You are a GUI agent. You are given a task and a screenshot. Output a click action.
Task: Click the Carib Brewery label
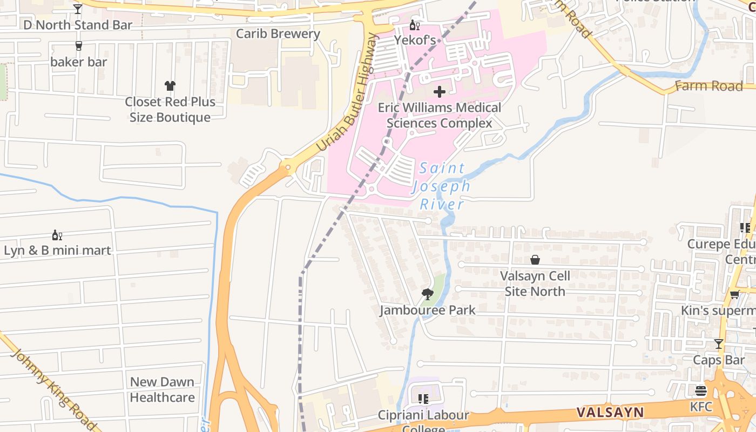click(278, 33)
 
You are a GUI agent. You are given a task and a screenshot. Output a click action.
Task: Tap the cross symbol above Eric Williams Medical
click(440, 92)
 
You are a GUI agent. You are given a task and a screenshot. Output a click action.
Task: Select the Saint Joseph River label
click(442, 186)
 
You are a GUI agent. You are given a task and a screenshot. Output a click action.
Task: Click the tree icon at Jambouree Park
click(428, 294)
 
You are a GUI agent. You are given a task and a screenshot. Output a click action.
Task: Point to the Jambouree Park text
click(428, 310)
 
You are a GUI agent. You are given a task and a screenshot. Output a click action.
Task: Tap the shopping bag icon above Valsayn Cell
click(535, 260)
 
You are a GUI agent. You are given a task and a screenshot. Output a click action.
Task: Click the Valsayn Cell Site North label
click(535, 283)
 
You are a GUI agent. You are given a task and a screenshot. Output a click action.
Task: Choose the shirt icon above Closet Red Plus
click(170, 86)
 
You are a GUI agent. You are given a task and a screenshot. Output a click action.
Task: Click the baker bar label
click(79, 62)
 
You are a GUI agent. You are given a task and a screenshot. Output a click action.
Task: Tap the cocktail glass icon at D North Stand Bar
click(78, 9)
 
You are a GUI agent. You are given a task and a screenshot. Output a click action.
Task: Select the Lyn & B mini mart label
click(57, 251)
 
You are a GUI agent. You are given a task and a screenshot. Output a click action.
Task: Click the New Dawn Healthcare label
click(162, 389)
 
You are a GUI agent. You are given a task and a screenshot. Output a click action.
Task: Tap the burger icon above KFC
click(701, 390)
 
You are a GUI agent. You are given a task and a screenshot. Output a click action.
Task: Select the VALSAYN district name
click(610, 413)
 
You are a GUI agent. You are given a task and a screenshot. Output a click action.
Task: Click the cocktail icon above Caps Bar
click(719, 344)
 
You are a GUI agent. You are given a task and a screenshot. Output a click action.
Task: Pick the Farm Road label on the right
click(708, 86)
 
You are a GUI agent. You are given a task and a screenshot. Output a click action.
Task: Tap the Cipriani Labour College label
click(423, 416)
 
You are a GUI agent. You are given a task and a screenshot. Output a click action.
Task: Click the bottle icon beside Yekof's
click(414, 25)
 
